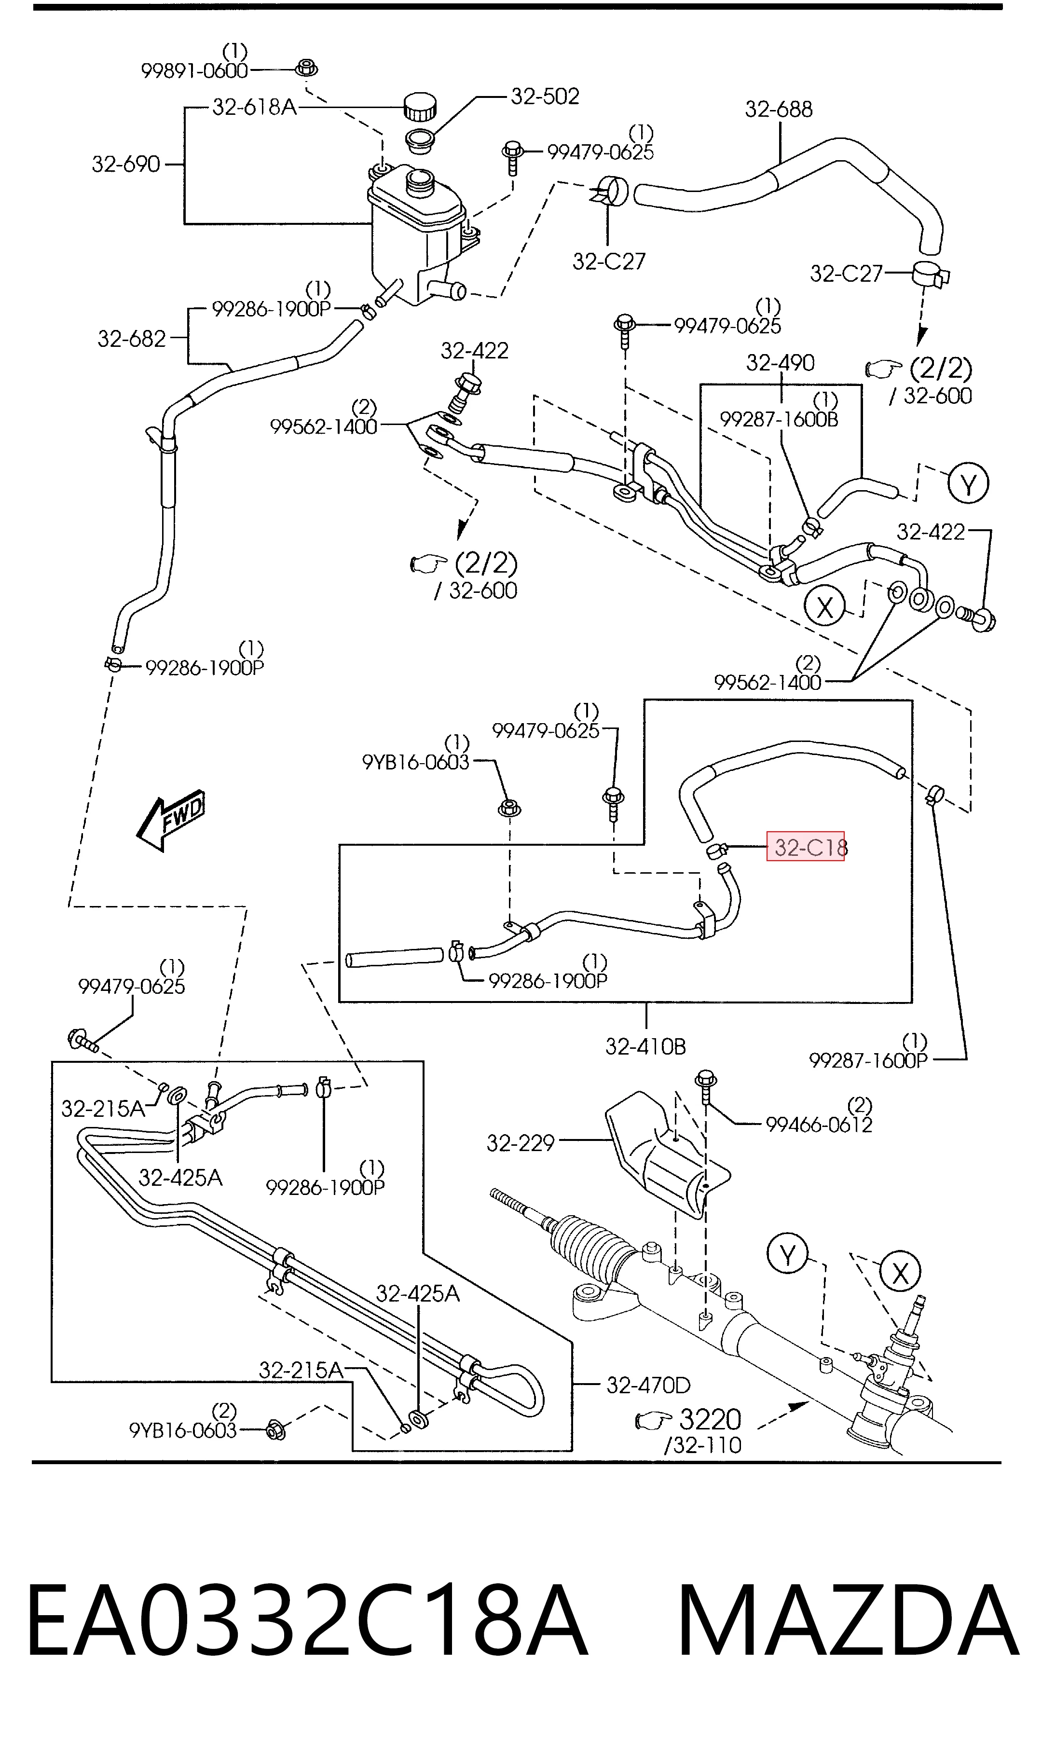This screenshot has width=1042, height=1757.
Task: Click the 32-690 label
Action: [126, 164]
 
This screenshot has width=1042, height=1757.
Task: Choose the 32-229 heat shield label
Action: [521, 1143]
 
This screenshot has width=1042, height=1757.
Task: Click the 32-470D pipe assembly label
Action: [648, 1385]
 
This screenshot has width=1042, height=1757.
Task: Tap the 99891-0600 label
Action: [194, 71]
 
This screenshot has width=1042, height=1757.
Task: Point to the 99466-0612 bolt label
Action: [819, 1125]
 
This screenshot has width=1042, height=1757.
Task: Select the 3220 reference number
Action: [711, 1419]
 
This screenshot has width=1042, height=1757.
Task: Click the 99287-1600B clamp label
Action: [780, 420]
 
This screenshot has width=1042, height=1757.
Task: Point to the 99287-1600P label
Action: [868, 1061]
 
